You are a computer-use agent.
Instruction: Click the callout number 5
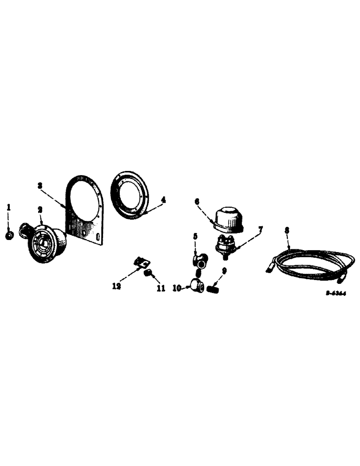coord(195,236)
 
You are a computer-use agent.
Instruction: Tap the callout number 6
coord(197,201)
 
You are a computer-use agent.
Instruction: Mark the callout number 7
coord(261,229)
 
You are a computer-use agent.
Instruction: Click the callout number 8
coord(287,230)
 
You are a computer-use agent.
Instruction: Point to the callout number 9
coord(224,270)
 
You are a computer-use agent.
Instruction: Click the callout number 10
coord(177,288)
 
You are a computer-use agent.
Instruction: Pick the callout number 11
coord(160,289)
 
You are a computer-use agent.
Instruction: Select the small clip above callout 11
coord(139,262)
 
